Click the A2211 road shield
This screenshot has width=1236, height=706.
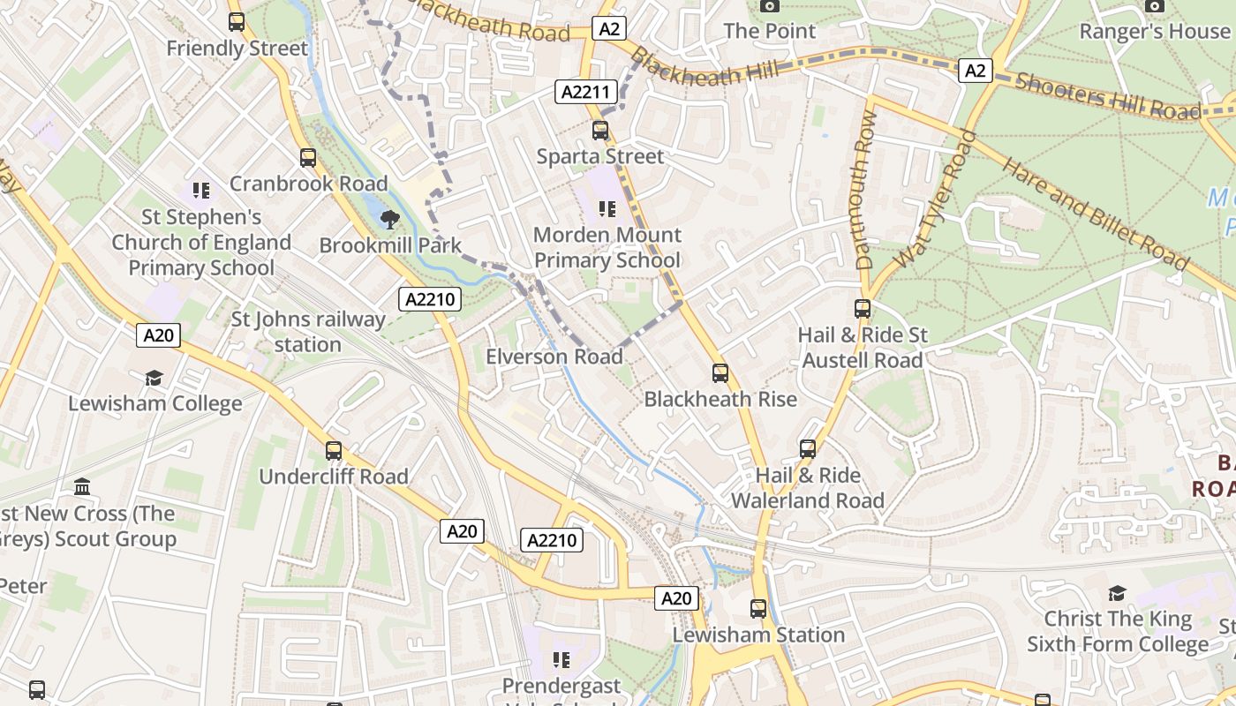tap(584, 92)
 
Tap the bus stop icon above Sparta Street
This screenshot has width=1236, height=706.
tap(600, 131)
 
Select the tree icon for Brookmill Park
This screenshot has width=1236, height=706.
tap(388, 220)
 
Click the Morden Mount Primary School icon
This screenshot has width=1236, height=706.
tap(607, 209)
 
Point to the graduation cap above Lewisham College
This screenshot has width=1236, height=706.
tap(154, 379)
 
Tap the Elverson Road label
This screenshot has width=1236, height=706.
tap(554, 357)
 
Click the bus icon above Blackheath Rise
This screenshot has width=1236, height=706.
tap(720, 373)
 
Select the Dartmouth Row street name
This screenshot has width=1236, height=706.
tap(864, 191)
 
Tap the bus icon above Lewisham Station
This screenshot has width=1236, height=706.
tap(758, 609)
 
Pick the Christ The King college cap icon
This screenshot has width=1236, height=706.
tap(1117, 593)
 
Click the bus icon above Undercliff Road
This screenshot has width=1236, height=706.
tap(334, 451)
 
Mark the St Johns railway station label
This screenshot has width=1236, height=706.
tap(307, 332)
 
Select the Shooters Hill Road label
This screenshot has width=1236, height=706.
tap(1108, 96)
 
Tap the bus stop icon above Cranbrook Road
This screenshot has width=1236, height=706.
tap(308, 158)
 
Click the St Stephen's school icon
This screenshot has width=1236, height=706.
tap(201, 191)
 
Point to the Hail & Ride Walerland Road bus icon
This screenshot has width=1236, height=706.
tap(808, 449)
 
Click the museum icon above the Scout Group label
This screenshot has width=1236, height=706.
tap(83, 487)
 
